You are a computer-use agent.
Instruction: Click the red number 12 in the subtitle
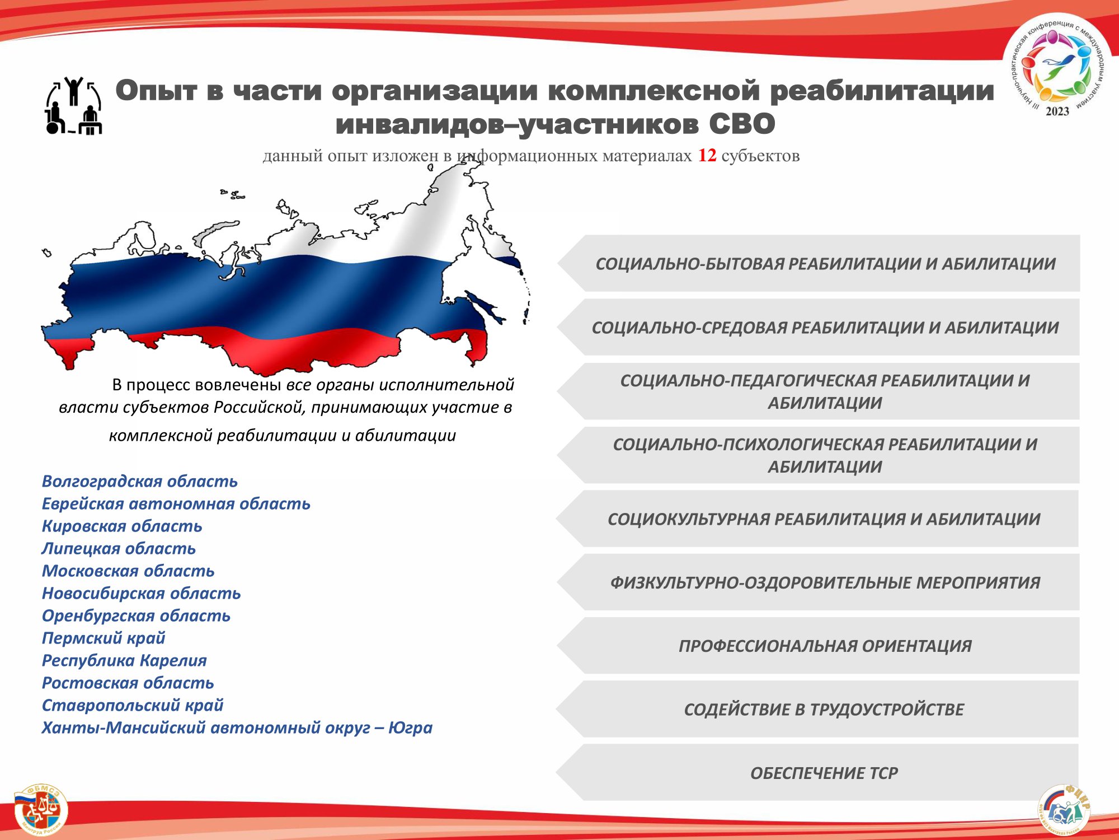707,155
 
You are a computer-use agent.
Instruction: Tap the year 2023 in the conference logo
1057,111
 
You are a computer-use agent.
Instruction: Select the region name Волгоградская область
140,481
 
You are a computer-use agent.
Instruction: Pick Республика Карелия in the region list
124,660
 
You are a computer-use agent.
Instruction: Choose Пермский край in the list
104,638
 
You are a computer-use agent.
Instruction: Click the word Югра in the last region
410,727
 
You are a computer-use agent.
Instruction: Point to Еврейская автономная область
176,503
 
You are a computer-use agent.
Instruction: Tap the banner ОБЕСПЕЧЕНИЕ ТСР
817,772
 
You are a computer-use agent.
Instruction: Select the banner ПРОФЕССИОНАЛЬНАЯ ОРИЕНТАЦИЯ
817,646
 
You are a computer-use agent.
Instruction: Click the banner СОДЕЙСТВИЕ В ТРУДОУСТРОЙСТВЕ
817,709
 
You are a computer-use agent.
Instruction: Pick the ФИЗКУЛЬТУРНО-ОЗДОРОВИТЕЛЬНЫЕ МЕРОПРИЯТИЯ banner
817,582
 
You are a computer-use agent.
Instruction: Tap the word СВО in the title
742,124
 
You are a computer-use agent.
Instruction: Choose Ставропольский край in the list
133,705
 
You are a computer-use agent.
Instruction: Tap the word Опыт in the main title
157,91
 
